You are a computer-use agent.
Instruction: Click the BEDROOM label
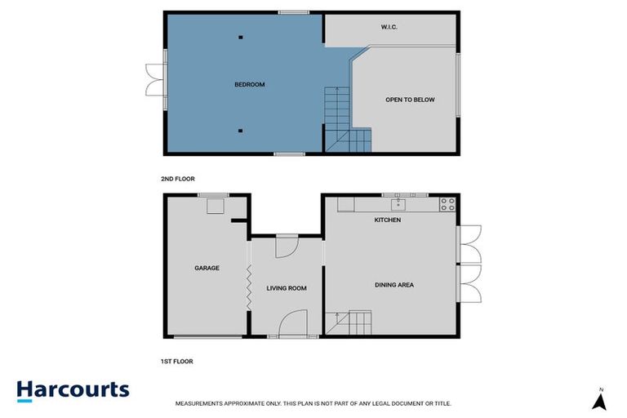250,84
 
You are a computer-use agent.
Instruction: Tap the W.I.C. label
389,27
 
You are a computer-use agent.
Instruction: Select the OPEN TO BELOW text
410,100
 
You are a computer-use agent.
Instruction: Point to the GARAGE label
207,268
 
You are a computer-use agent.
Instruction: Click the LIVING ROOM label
287,288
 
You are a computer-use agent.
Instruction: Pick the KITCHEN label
388,220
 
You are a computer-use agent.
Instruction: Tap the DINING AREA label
394,285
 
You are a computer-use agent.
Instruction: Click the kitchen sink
398,205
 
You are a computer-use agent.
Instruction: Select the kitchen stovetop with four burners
447,204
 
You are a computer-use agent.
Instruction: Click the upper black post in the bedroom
241,38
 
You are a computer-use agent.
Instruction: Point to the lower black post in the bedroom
240,131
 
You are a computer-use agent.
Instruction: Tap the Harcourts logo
73,391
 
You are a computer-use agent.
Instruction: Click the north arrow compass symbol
599,401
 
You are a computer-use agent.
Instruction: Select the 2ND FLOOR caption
178,179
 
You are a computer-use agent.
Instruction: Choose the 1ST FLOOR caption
176,361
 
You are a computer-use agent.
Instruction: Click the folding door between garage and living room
248,287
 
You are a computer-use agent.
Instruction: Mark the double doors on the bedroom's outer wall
156,80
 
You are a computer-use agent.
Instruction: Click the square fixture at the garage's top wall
216,206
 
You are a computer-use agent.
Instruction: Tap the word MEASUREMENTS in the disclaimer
198,403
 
